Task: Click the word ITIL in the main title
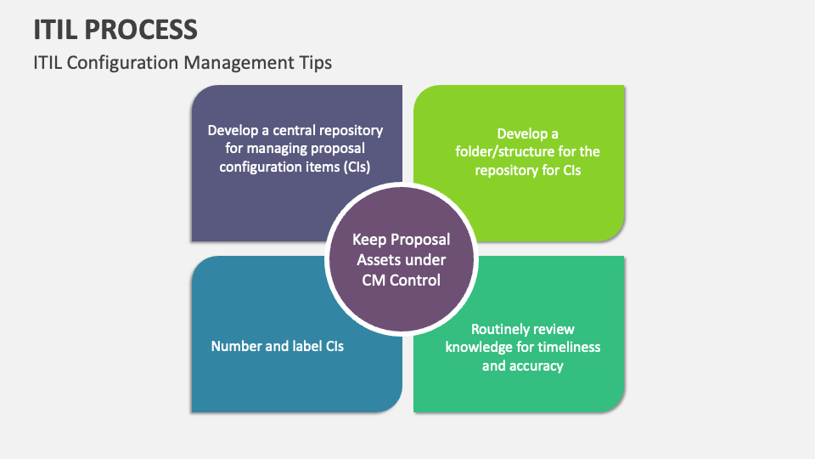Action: [x=58, y=30]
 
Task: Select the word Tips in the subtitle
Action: [x=314, y=63]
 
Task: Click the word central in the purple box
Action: [x=288, y=131]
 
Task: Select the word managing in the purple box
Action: [x=276, y=149]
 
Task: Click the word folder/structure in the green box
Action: [x=500, y=151]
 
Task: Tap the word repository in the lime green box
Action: [x=509, y=170]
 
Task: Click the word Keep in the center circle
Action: [x=370, y=240]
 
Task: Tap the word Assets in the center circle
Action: [x=379, y=259]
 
